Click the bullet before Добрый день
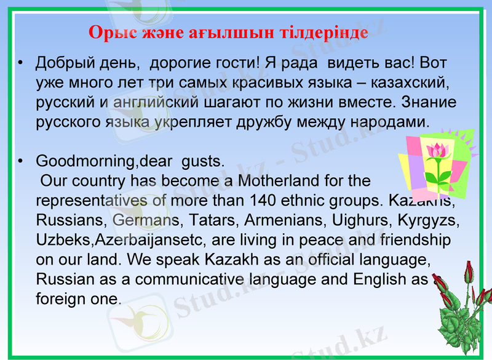point(20,63)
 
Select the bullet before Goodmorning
point(20,162)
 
